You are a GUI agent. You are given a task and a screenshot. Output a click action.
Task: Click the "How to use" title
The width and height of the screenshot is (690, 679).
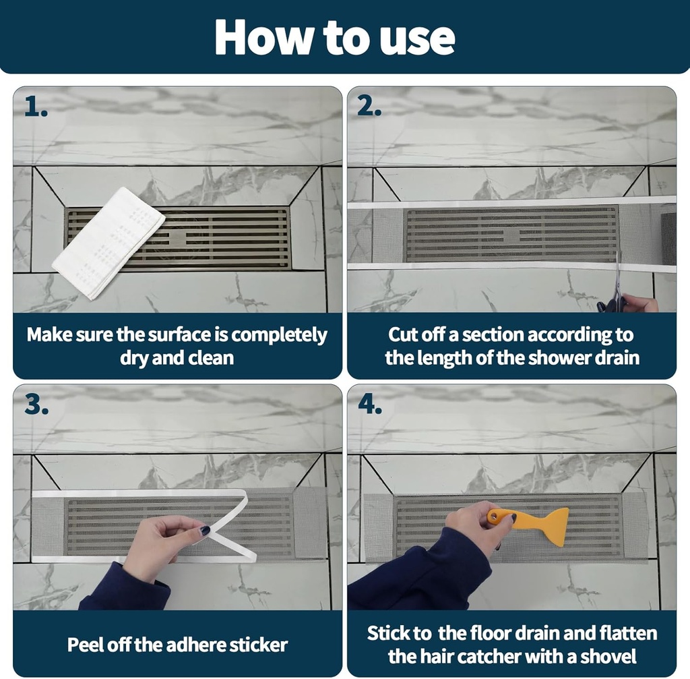[335, 38]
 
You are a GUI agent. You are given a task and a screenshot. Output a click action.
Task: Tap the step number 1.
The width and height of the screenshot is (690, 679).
[36, 107]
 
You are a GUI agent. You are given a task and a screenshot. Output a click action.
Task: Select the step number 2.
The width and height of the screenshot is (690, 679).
[369, 107]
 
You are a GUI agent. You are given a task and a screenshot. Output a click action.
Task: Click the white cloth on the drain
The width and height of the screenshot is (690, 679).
[108, 242]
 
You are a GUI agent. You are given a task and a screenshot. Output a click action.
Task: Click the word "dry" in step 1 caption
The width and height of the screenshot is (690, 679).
[134, 357]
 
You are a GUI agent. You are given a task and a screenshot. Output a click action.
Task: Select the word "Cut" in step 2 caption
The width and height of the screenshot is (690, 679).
[403, 334]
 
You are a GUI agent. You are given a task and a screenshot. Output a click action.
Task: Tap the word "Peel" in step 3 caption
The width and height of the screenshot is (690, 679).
[86, 645]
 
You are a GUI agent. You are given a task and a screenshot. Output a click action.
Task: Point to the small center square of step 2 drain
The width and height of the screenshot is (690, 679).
[511, 235]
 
